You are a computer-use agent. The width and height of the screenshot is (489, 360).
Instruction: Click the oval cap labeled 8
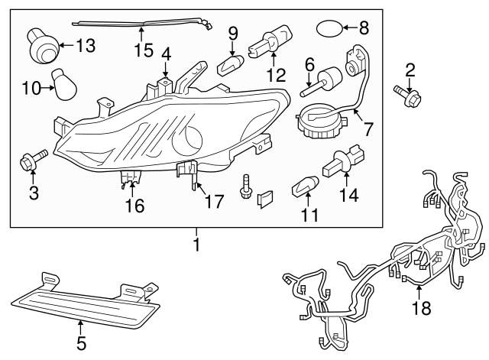click(329, 30)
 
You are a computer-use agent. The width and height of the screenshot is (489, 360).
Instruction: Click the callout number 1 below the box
click(196, 245)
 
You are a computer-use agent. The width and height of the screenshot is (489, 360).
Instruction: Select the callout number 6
click(309, 63)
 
